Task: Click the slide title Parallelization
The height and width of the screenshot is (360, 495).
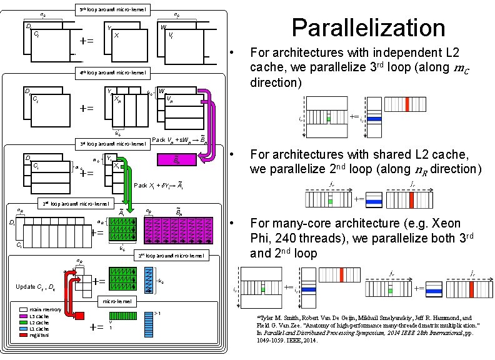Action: (x=368, y=28)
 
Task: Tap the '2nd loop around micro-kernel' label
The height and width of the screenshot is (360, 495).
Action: (x=76, y=203)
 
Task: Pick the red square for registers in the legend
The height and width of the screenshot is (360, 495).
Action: (x=23, y=336)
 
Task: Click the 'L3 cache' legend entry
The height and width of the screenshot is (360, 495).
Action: (x=23, y=316)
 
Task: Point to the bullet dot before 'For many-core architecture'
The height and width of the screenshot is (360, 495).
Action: (x=231, y=222)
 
